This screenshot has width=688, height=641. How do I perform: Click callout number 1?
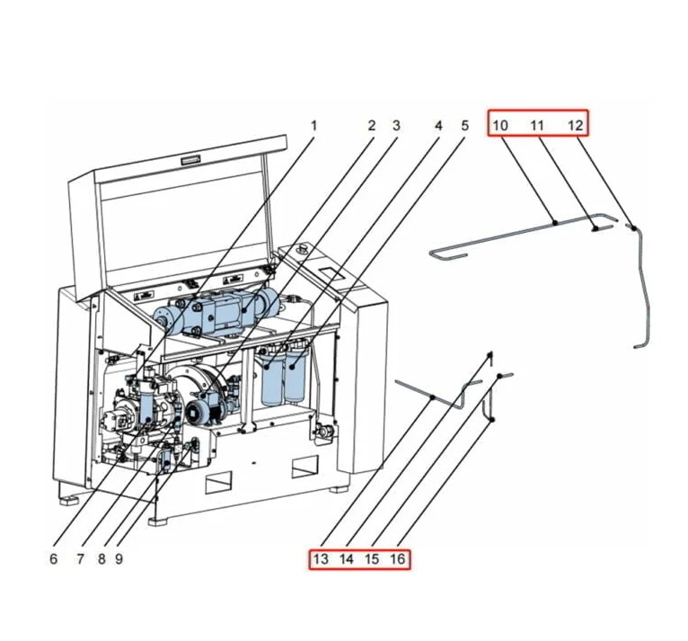[x=313, y=126]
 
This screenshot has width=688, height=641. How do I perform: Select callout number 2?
[x=371, y=126]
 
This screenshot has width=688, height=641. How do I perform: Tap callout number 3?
[x=395, y=126]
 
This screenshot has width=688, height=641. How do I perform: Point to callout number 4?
[x=438, y=126]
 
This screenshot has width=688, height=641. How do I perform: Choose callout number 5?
[x=464, y=126]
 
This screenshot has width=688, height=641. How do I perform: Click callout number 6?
[x=54, y=558]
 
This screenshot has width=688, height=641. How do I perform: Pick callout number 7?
[x=80, y=558]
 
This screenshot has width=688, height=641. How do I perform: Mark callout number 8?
[x=101, y=558]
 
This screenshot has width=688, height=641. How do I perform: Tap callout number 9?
[x=119, y=558]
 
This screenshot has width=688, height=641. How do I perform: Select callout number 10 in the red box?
[x=501, y=125]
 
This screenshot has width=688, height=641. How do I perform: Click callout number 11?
[x=536, y=125]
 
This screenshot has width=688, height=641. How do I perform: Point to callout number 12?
[x=575, y=125]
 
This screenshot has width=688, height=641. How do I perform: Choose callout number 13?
[x=321, y=559]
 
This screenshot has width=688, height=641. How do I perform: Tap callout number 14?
[x=347, y=559]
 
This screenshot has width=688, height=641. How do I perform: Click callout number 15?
[x=372, y=559]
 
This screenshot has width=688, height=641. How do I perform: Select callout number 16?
[x=398, y=559]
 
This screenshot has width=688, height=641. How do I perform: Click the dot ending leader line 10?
[x=555, y=222]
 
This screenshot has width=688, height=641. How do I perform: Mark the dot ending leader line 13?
[x=433, y=396]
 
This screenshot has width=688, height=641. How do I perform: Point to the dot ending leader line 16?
[x=492, y=421]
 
